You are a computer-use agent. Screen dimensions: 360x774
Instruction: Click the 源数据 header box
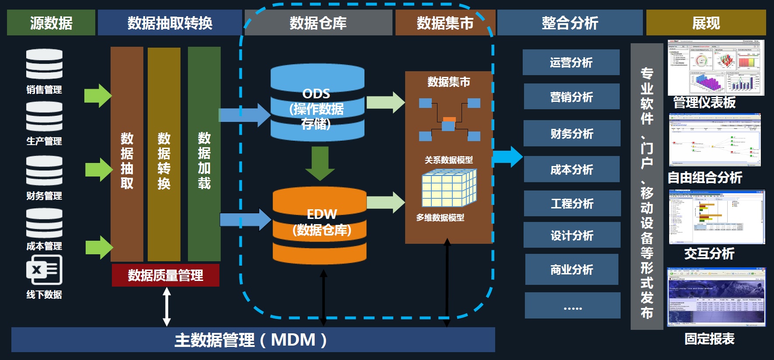click(x=51, y=23)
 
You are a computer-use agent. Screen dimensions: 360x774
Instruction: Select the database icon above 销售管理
click(x=44, y=64)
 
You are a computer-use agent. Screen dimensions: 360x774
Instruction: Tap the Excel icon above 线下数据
click(x=44, y=270)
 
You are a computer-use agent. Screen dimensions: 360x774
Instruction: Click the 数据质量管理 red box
click(x=165, y=276)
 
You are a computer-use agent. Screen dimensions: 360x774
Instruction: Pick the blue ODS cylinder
click(x=317, y=103)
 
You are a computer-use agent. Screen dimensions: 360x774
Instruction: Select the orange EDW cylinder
click(x=319, y=226)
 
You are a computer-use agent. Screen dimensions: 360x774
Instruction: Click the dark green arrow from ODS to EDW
click(x=320, y=163)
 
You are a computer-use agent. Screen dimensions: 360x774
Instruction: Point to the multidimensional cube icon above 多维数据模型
click(x=449, y=188)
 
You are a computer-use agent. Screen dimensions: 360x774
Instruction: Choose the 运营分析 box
click(x=571, y=62)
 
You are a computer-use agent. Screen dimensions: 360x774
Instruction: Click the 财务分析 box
click(x=572, y=133)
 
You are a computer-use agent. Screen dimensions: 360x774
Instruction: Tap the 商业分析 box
click(x=572, y=270)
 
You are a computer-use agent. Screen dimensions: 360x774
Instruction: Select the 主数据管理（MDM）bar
click(x=253, y=340)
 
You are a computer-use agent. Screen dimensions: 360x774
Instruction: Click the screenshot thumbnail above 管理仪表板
click(x=716, y=68)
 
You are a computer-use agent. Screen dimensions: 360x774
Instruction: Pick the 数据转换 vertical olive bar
click(x=164, y=154)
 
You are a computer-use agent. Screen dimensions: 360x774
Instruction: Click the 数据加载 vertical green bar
click(x=204, y=154)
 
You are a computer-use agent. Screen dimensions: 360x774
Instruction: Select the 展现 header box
click(x=706, y=23)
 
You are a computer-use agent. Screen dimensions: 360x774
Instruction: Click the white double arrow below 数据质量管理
click(x=167, y=307)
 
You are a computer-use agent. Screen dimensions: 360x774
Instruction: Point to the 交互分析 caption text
click(x=709, y=253)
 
